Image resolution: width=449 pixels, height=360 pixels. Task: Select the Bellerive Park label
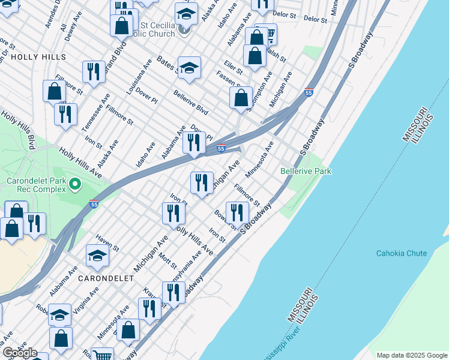click(306, 172)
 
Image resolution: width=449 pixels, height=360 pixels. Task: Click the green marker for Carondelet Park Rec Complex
click(75, 184)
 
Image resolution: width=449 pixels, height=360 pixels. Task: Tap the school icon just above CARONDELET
click(97, 256)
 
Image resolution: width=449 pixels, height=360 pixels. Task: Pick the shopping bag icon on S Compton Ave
click(241, 98)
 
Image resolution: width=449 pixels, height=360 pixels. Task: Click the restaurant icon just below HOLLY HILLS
click(93, 72)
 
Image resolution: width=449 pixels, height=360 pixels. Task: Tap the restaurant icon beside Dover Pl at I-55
click(194, 143)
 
